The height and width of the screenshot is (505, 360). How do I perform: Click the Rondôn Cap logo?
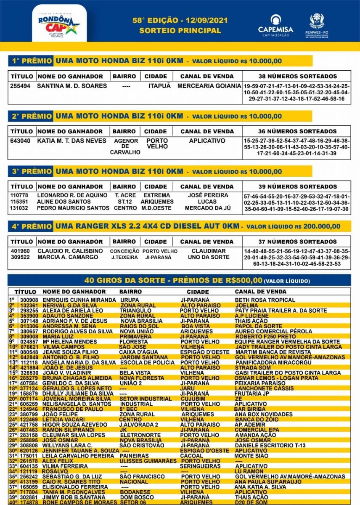[x=59, y=23]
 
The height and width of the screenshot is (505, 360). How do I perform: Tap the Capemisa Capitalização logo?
[x=276, y=26]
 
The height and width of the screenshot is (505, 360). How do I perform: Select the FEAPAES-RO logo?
[x=317, y=26]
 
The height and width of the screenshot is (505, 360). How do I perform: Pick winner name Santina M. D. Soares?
[x=72, y=86]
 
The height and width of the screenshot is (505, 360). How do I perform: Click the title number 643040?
[x=20, y=141]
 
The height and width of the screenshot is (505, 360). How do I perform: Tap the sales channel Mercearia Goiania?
[x=209, y=86]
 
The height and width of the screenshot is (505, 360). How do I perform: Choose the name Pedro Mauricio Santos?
[x=73, y=208]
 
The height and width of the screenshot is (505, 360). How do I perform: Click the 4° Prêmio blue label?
[x=31, y=226]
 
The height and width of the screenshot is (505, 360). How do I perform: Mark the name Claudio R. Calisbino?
[x=70, y=251]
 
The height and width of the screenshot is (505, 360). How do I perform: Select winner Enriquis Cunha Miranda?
[x=79, y=300]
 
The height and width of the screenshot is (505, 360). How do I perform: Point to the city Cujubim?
[x=190, y=399]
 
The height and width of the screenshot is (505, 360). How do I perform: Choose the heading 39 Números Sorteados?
[x=297, y=186]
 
